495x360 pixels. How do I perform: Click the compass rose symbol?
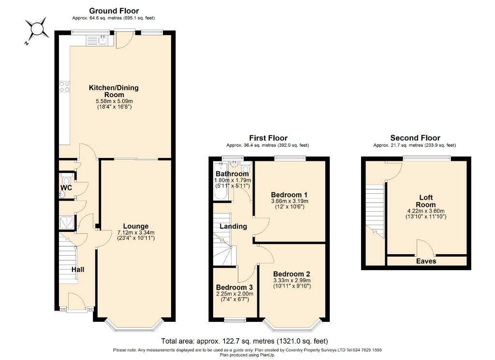coord(37,29)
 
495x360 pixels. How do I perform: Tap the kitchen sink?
coord(97,40)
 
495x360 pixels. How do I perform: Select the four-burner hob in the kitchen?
coord(64,87)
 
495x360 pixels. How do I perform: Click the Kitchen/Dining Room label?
coord(114,91)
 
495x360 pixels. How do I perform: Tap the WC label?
coord(66,187)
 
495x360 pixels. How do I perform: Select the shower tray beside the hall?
coord(67,222)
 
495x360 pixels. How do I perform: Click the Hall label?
coord(78,270)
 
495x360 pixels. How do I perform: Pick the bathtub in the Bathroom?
coord(220,181)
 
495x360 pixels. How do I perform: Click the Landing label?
coord(233,226)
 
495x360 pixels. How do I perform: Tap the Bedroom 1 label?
coord(289,195)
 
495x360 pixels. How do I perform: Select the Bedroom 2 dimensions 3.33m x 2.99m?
coord(292,280)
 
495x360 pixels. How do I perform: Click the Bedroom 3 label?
coord(234,288)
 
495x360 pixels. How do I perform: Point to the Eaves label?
coord(426,261)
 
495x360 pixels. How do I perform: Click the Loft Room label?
coord(425,201)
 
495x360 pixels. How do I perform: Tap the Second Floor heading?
coord(415,138)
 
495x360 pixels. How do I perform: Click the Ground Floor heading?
coord(114,11)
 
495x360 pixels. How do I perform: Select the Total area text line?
coord(244,341)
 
